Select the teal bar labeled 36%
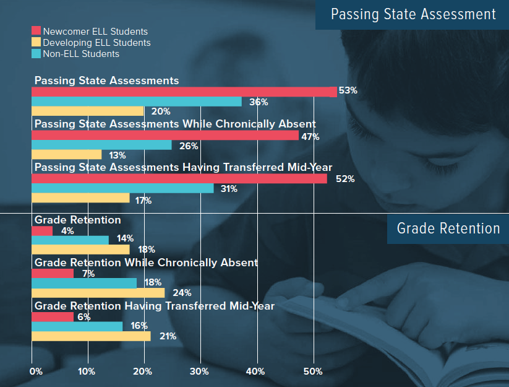pyautogui.click(x=136, y=102)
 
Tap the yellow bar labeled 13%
pyautogui.click(x=66, y=155)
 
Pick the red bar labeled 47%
pyautogui.click(x=165, y=135)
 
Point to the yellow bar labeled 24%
pyautogui.click(x=98, y=293)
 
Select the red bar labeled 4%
pyautogui.click(x=42, y=231)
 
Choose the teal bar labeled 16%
pyautogui.click(x=77, y=326)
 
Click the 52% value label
pyautogui.click(x=345, y=179)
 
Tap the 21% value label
pyautogui.click(x=168, y=336)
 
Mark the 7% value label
pyautogui.click(x=87, y=273)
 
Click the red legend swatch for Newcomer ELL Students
pyautogui.click(x=36, y=31)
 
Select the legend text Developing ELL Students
pyautogui.click(x=96, y=43)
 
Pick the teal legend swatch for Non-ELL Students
pyautogui.click(x=36, y=54)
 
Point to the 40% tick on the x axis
pyautogui.click(x=255, y=372)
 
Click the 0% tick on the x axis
pyautogui.click(x=36, y=372)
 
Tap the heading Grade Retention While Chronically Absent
pyautogui.click(x=146, y=263)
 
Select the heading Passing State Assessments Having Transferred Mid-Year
pyautogui.click(x=183, y=167)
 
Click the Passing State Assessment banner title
pyautogui.click(x=413, y=14)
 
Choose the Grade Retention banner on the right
pyautogui.click(x=448, y=228)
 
